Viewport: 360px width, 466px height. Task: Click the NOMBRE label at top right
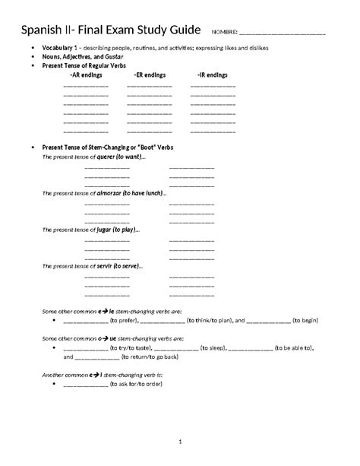[x=226, y=33]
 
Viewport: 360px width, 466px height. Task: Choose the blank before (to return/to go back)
[x=98, y=357]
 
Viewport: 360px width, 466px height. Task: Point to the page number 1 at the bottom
[x=179, y=441]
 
